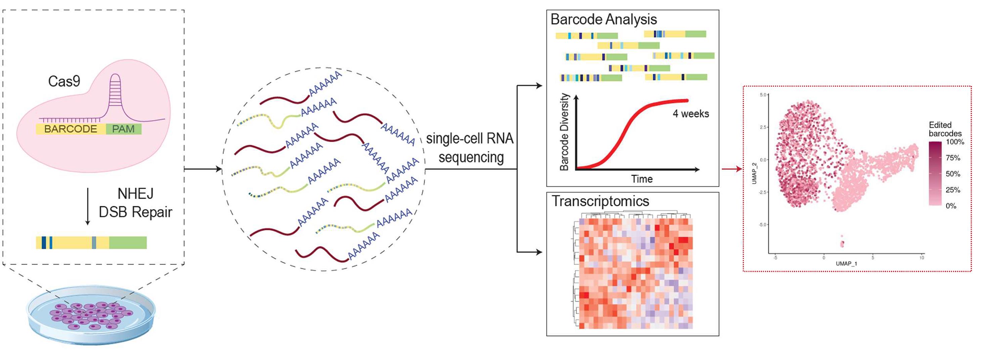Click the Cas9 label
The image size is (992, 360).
[64, 81]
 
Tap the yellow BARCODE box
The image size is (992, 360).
[71, 129]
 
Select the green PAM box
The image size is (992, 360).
[124, 129]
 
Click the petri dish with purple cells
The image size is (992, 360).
[91, 315]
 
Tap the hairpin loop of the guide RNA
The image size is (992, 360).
[116, 92]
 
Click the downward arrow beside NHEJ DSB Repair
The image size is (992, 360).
[87, 207]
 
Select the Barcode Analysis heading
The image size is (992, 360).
[603, 19]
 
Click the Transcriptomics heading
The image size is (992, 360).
[600, 201]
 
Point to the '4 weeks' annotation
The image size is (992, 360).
[691, 114]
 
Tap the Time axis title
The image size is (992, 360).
[642, 179]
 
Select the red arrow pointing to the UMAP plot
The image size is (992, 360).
[732, 169]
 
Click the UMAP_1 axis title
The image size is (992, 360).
[846, 264]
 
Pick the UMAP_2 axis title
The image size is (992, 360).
[754, 173]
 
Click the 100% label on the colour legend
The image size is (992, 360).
[955, 142]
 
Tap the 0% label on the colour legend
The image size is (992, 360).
[951, 206]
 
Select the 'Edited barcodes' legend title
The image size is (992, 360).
[945, 129]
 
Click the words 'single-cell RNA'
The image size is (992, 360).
[470, 139]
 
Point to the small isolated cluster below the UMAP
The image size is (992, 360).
[842, 242]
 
